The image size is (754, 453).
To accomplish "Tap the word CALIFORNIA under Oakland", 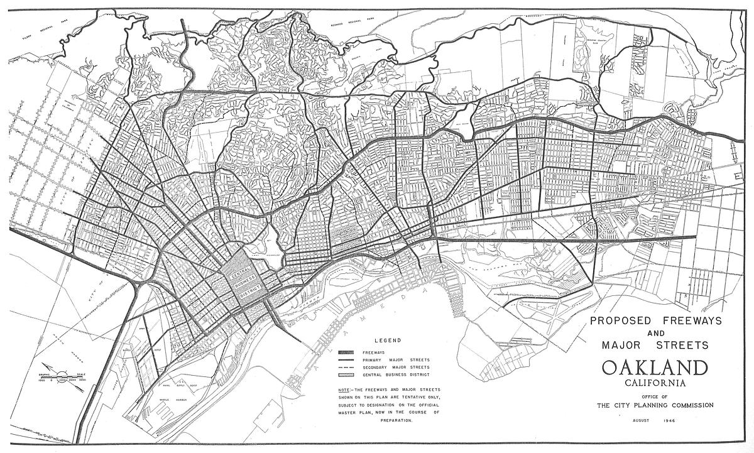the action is [x=655, y=383].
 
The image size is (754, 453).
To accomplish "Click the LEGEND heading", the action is [x=388, y=341].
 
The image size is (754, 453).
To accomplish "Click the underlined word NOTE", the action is [x=344, y=390].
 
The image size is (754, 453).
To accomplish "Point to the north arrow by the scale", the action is [x=49, y=366].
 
